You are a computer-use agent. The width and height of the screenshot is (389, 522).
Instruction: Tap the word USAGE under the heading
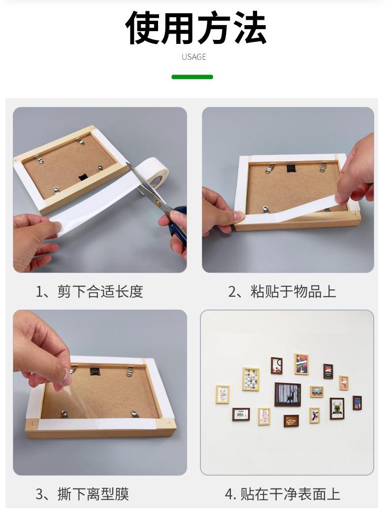tap(194, 57)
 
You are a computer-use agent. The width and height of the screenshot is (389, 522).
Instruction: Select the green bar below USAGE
tap(192, 77)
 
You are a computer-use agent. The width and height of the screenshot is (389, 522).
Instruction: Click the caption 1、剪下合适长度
tap(90, 292)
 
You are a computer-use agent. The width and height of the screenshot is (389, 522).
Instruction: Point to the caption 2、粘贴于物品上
tap(282, 292)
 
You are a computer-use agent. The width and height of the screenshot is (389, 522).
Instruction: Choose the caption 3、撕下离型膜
tap(82, 494)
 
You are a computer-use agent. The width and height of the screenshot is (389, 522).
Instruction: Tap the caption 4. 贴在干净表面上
tap(283, 494)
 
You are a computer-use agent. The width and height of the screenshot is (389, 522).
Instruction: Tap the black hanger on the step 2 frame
tap(292, 168)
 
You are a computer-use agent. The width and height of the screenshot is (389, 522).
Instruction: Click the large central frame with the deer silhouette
tap(288, 394)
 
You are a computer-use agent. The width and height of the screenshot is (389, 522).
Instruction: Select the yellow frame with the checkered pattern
tap(251, 379)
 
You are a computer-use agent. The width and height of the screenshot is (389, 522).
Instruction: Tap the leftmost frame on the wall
tap(223, 394)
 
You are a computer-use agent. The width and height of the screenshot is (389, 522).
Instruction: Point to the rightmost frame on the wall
tap(357, 403)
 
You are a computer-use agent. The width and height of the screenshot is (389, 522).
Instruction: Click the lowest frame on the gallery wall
tap(291, 421)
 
